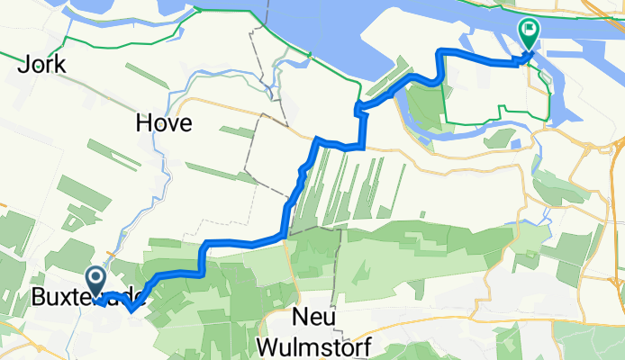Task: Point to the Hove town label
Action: click(x=163, y=123)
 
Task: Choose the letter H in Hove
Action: click(x=144, y=123)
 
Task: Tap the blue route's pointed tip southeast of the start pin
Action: click(x=132, y=311)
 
